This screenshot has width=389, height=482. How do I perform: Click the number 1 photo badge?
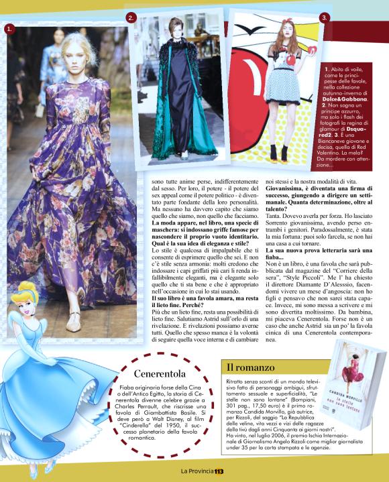9,29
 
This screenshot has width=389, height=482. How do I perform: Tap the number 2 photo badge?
131,17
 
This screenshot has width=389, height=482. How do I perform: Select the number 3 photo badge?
325,17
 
